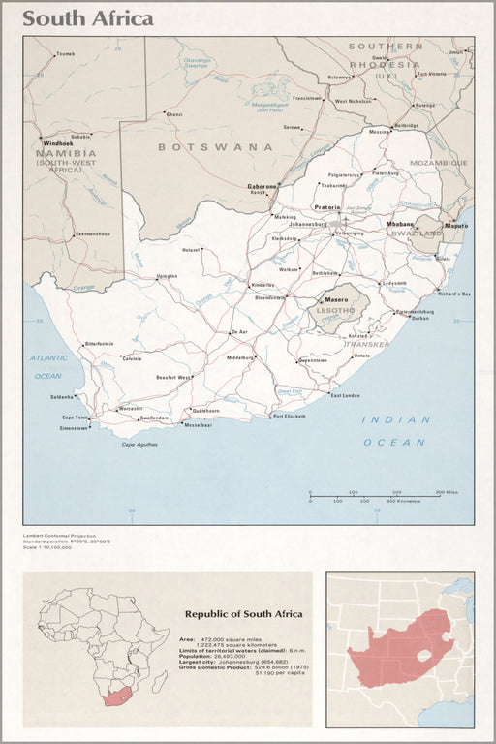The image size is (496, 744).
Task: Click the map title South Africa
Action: [87, 18]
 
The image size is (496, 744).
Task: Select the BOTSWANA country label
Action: [215, 147]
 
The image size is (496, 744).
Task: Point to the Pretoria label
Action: [326, 206]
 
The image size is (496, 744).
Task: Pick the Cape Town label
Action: [75, 418]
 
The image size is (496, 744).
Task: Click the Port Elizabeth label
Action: [289, 416]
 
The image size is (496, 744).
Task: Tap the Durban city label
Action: [418, 318]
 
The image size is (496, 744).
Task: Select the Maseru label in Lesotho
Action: [336, 299]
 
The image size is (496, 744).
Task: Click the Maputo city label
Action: [455, 225]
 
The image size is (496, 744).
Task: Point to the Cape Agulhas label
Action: [139, 444]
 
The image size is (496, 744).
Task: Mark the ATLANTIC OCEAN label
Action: [47, 367]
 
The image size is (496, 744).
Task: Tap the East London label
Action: [345, 395]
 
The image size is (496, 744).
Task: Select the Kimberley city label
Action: [263, 285]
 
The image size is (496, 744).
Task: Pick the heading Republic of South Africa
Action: [243, 613]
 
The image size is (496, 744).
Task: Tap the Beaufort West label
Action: [173, 377]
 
